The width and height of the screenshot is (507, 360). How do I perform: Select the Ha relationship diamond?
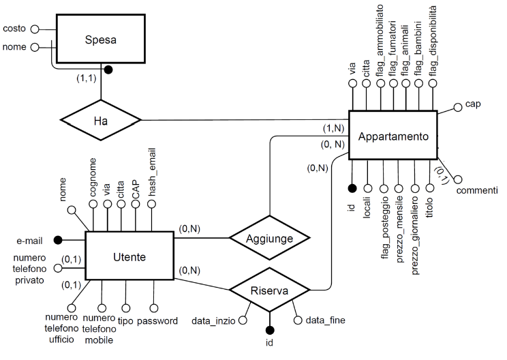click(101, 121)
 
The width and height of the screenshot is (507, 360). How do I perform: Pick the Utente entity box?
click(129, 256)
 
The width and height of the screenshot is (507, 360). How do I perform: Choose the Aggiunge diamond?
click(269, 238)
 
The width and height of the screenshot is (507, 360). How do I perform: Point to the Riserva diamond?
click(269, 290)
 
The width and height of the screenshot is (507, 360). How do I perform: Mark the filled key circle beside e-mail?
click(58, 240)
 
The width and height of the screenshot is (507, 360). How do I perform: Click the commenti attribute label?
click(476, 190)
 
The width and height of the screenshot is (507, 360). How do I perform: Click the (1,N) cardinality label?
click(334, 129)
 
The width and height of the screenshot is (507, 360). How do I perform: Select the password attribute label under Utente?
click(157, 320)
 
